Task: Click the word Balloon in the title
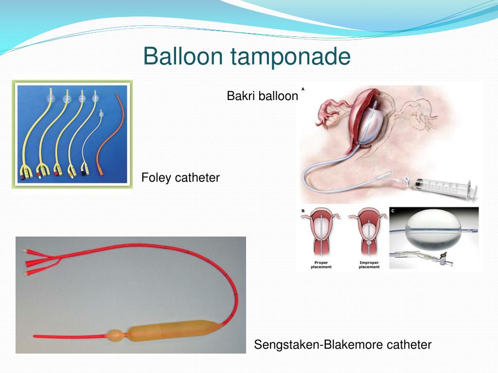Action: (184, 57)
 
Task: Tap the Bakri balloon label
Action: (262, 96)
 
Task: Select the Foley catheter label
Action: (180, 178)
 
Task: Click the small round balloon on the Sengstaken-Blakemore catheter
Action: (116, 336)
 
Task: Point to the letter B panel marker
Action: (303, 211)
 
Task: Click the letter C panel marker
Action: (393, 211)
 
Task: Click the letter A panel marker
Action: (303, 89)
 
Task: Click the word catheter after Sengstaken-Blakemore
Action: (409, 345)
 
